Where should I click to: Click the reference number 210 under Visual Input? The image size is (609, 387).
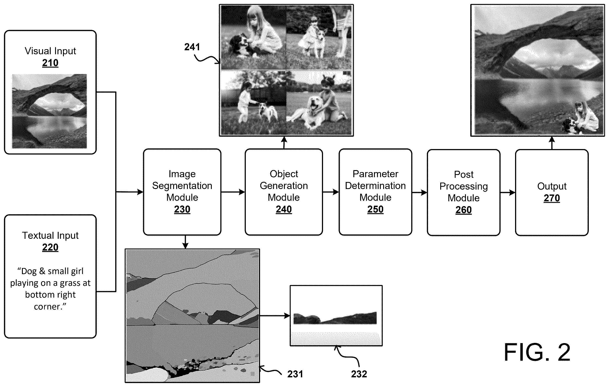click(50, 63)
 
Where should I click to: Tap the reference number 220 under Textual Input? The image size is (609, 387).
click(50, 247)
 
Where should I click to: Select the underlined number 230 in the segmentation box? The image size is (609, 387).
click(182, 209)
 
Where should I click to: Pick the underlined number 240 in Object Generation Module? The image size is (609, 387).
click(284, 209)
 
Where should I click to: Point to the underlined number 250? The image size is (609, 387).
click(375, 209)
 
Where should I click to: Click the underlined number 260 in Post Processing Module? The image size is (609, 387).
click(463, 210)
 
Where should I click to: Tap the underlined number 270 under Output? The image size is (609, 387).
click(552, 198)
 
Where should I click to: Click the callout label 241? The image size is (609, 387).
click(192, 47)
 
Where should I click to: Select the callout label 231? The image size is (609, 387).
click(295, 374)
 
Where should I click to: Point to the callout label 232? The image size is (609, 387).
click(359, 374)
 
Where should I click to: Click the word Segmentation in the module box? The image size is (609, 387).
click(182, 186)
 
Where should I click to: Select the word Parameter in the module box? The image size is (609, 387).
click(375, 174)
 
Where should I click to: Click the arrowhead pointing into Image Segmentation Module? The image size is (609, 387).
click(140, 192)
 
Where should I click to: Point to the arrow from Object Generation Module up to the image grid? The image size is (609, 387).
click(284, 143)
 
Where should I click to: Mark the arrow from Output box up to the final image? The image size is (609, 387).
click(552, 143)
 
